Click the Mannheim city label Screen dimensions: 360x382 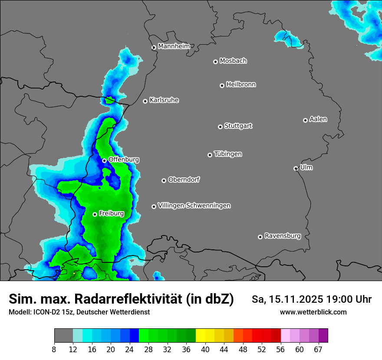pyautogui.click(x=174, y=46)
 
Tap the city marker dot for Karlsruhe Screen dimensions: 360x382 pyautogui.click(x=145, y=101)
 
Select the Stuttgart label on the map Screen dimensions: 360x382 pyautogui.click(x=238, y=126)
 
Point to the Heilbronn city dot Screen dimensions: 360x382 pyautogui.click(x=222, y=85)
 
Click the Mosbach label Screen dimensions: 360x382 pyautogui.click(x=233, y=61)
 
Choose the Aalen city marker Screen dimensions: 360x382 pyautogui.click(x=305, y=120)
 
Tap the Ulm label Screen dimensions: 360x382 pyautogui.click(x=306, y=167)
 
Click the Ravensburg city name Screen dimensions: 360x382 pyautogui.click(x=283, y=236)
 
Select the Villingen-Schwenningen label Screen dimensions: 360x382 pyautogui.click(x=194, y=206)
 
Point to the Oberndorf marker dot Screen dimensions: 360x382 pyautogui.click(x=164, y=180)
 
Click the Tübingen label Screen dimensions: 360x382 pyautogui.click(x=228, y=154)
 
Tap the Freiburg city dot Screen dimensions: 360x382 pyautogui.click(x=95, y=214)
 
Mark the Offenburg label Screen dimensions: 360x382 pyautogui.click(x=124, y=160)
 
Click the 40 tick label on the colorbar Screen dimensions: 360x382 pyautogui.click(x=205, y=349)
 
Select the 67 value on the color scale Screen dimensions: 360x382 pyautogui.click(x=318, y=349)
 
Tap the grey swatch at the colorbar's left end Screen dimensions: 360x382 pyautogui.click(x=63, y=336)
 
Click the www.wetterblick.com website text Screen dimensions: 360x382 pyautogui.click(x=313, y=312)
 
